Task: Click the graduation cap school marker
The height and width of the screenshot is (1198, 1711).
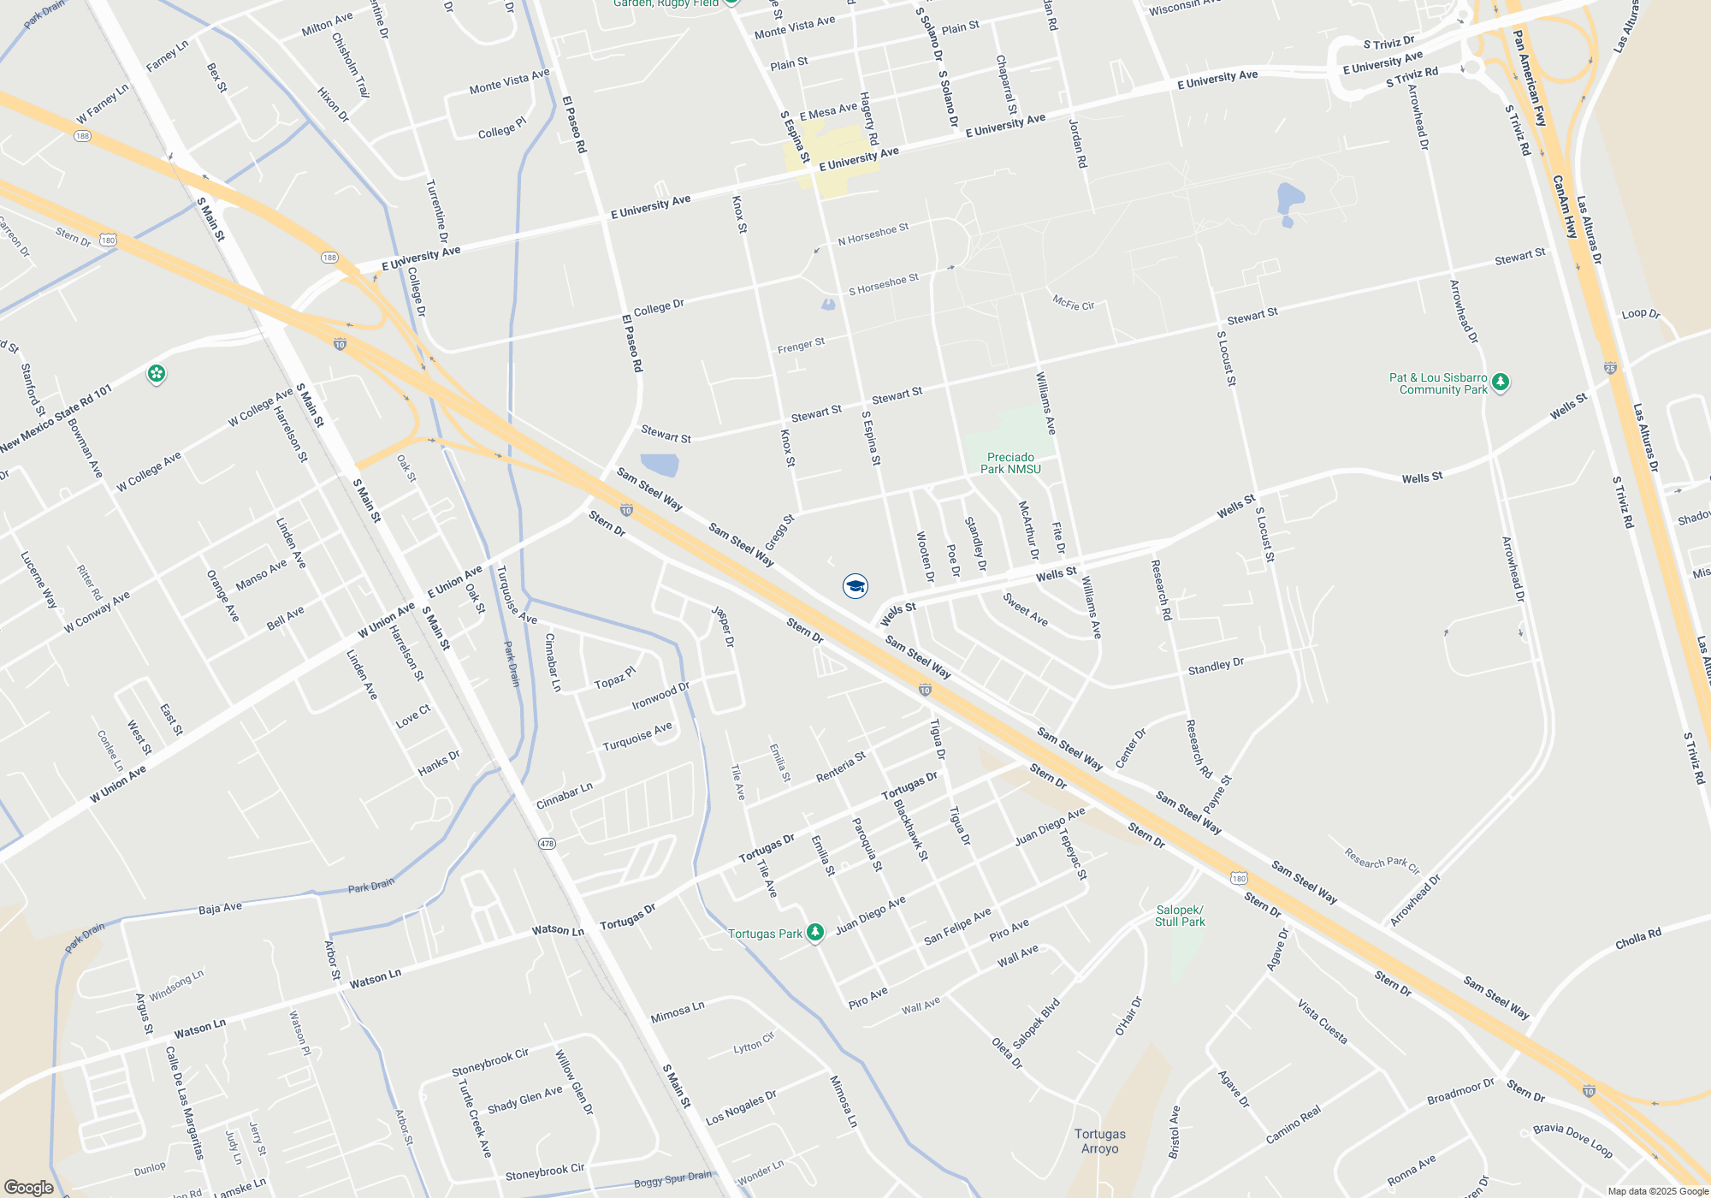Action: (855, 586)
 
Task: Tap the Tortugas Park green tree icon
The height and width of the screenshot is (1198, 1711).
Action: (815, 933)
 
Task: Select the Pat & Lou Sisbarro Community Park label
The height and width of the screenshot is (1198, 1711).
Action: (1438, 383)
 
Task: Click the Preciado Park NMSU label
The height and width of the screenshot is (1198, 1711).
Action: (1010, 463)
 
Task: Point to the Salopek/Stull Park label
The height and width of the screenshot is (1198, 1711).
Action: (1180, 916)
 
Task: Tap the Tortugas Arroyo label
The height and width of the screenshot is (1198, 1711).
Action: (1100, 1141)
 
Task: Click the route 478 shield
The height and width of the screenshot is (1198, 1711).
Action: (547, 844)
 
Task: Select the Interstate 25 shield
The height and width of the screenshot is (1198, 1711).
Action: (1610, 368)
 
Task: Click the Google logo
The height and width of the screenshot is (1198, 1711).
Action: (29, 1187)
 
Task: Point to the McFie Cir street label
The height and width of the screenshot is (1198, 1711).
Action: (1073, 303)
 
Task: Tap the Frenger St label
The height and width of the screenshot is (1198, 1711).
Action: (801, 346)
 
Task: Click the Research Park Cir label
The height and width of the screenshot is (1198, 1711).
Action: (1382, 859)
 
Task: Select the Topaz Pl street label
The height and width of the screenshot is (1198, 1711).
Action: (615, 678)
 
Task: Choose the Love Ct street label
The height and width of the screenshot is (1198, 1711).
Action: (413, 716)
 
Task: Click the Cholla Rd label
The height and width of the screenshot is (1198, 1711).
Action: (1638, 939)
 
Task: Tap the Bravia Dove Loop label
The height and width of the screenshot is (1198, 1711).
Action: (1572, 1141)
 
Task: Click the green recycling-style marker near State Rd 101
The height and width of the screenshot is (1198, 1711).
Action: (156, 374)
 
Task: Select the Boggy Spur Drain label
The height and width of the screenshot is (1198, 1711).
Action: (672, 1179)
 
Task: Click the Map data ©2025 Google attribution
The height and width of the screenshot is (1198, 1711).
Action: (1657, 1191)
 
